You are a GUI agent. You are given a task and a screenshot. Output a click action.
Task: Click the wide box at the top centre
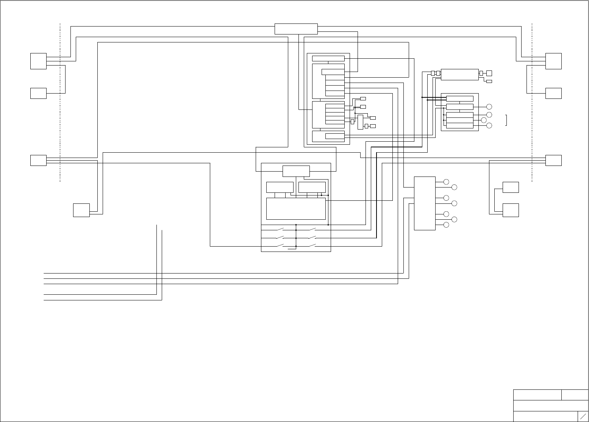pyautogui.click(x=296, y=29)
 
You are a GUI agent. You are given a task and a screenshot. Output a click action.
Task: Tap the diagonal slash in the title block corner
pyautogui.click(x=583, y=416)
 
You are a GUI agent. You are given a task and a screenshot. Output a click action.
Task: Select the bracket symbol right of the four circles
pyautogui.click(x=506, y=120)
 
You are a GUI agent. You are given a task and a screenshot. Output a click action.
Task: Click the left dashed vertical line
pyautogui.click(x=60, y=102)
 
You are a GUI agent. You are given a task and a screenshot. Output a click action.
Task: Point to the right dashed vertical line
pyautogui.click(x=532, y=102)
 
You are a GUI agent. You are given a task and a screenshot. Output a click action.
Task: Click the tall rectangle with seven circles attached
pyautogui.click(x=425, y=203)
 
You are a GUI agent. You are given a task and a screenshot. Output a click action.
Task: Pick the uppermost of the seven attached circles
pyautogui.click(x=446, y=182)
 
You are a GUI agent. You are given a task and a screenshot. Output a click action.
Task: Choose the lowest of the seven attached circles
pyautogui.click(x=446, y=225)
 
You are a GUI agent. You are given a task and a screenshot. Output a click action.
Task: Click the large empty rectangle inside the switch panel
pyautogui.click(x=296, y=208)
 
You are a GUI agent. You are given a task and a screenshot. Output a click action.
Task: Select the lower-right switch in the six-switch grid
pyautogui.click(x=312, y=246)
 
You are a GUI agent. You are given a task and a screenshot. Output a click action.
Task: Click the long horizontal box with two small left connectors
pyautogui.click(x=460, y=74)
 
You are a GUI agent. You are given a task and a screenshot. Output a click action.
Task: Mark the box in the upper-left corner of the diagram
pyautogui.click(x=38, y=61)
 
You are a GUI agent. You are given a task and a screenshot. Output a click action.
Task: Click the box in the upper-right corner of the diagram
pyautogui.click(x=553, y=61)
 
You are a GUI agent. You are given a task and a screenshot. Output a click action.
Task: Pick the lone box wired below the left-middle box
pyautogui.click(x=81, y=210)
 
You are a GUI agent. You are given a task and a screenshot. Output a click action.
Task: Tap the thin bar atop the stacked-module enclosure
pyautogui.click(x=328, y=58)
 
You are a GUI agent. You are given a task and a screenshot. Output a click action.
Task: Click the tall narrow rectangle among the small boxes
pyautogui.click(x=360, y=122)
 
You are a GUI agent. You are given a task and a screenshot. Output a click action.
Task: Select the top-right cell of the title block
pyautogui.click(x=575, y=395)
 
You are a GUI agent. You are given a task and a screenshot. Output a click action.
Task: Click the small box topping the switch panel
pyautogui.click(x=296, y=171)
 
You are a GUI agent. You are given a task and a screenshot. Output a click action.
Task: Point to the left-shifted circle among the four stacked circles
pyautogui.click(x=483, y=120)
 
